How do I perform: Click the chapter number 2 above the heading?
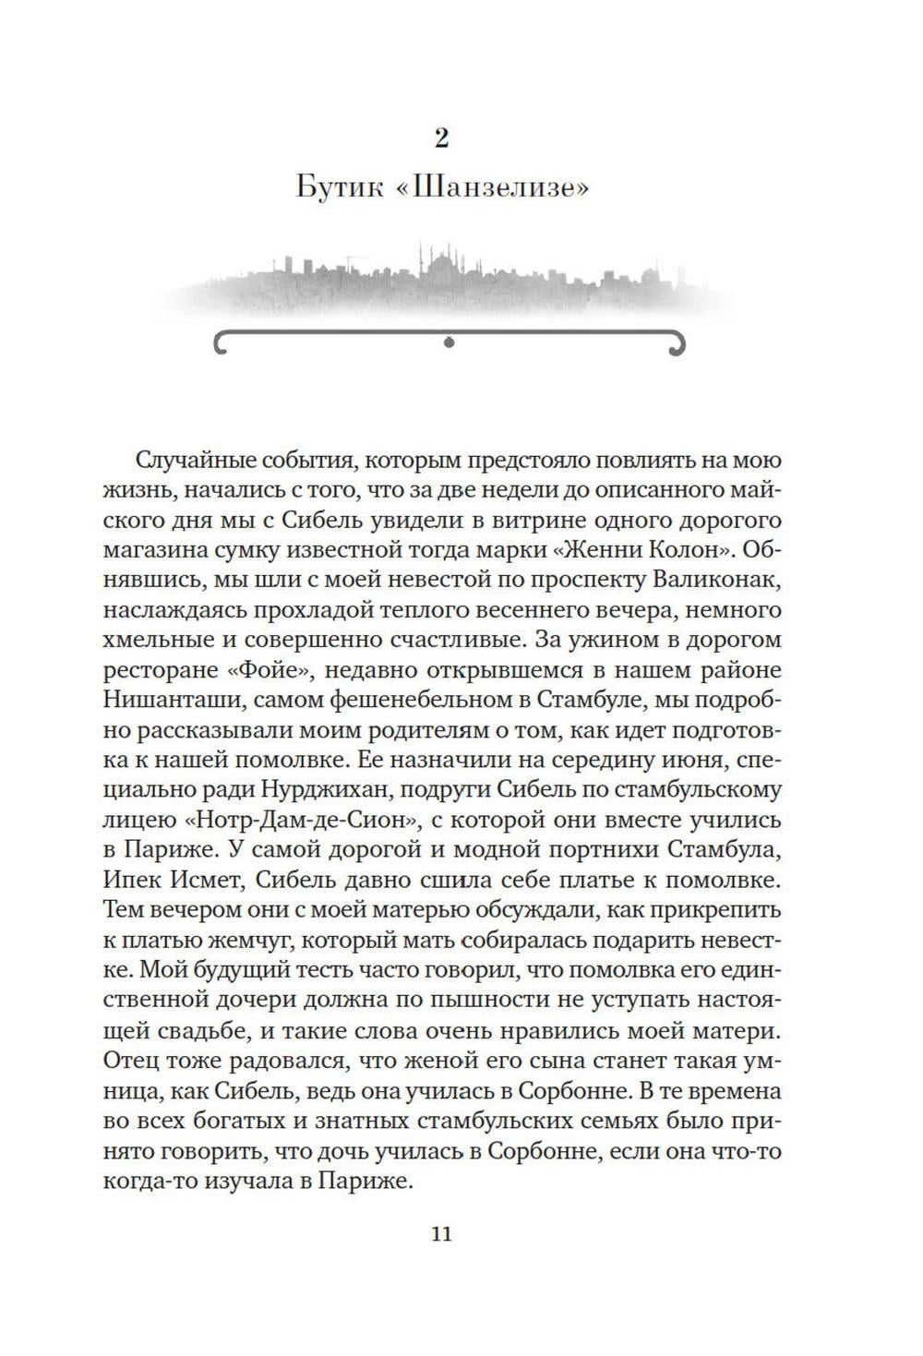point(441,138)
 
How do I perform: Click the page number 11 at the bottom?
point(441,1233)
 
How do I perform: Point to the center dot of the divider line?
point(450,342)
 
